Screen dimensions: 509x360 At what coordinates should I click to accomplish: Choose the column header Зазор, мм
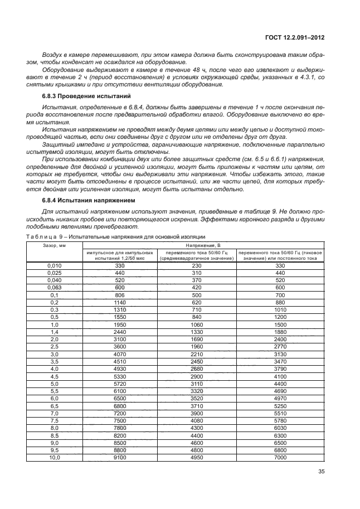(54, 245)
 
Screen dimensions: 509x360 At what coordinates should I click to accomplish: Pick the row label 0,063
(54, 287)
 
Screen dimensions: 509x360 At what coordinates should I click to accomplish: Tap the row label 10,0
(54, 457)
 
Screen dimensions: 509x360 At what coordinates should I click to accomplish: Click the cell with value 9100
(120, 457)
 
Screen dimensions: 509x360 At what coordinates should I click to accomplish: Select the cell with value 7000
(280, 457)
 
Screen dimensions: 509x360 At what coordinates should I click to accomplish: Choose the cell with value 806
(120, 294)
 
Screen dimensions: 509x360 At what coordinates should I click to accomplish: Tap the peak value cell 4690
(280, 391)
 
